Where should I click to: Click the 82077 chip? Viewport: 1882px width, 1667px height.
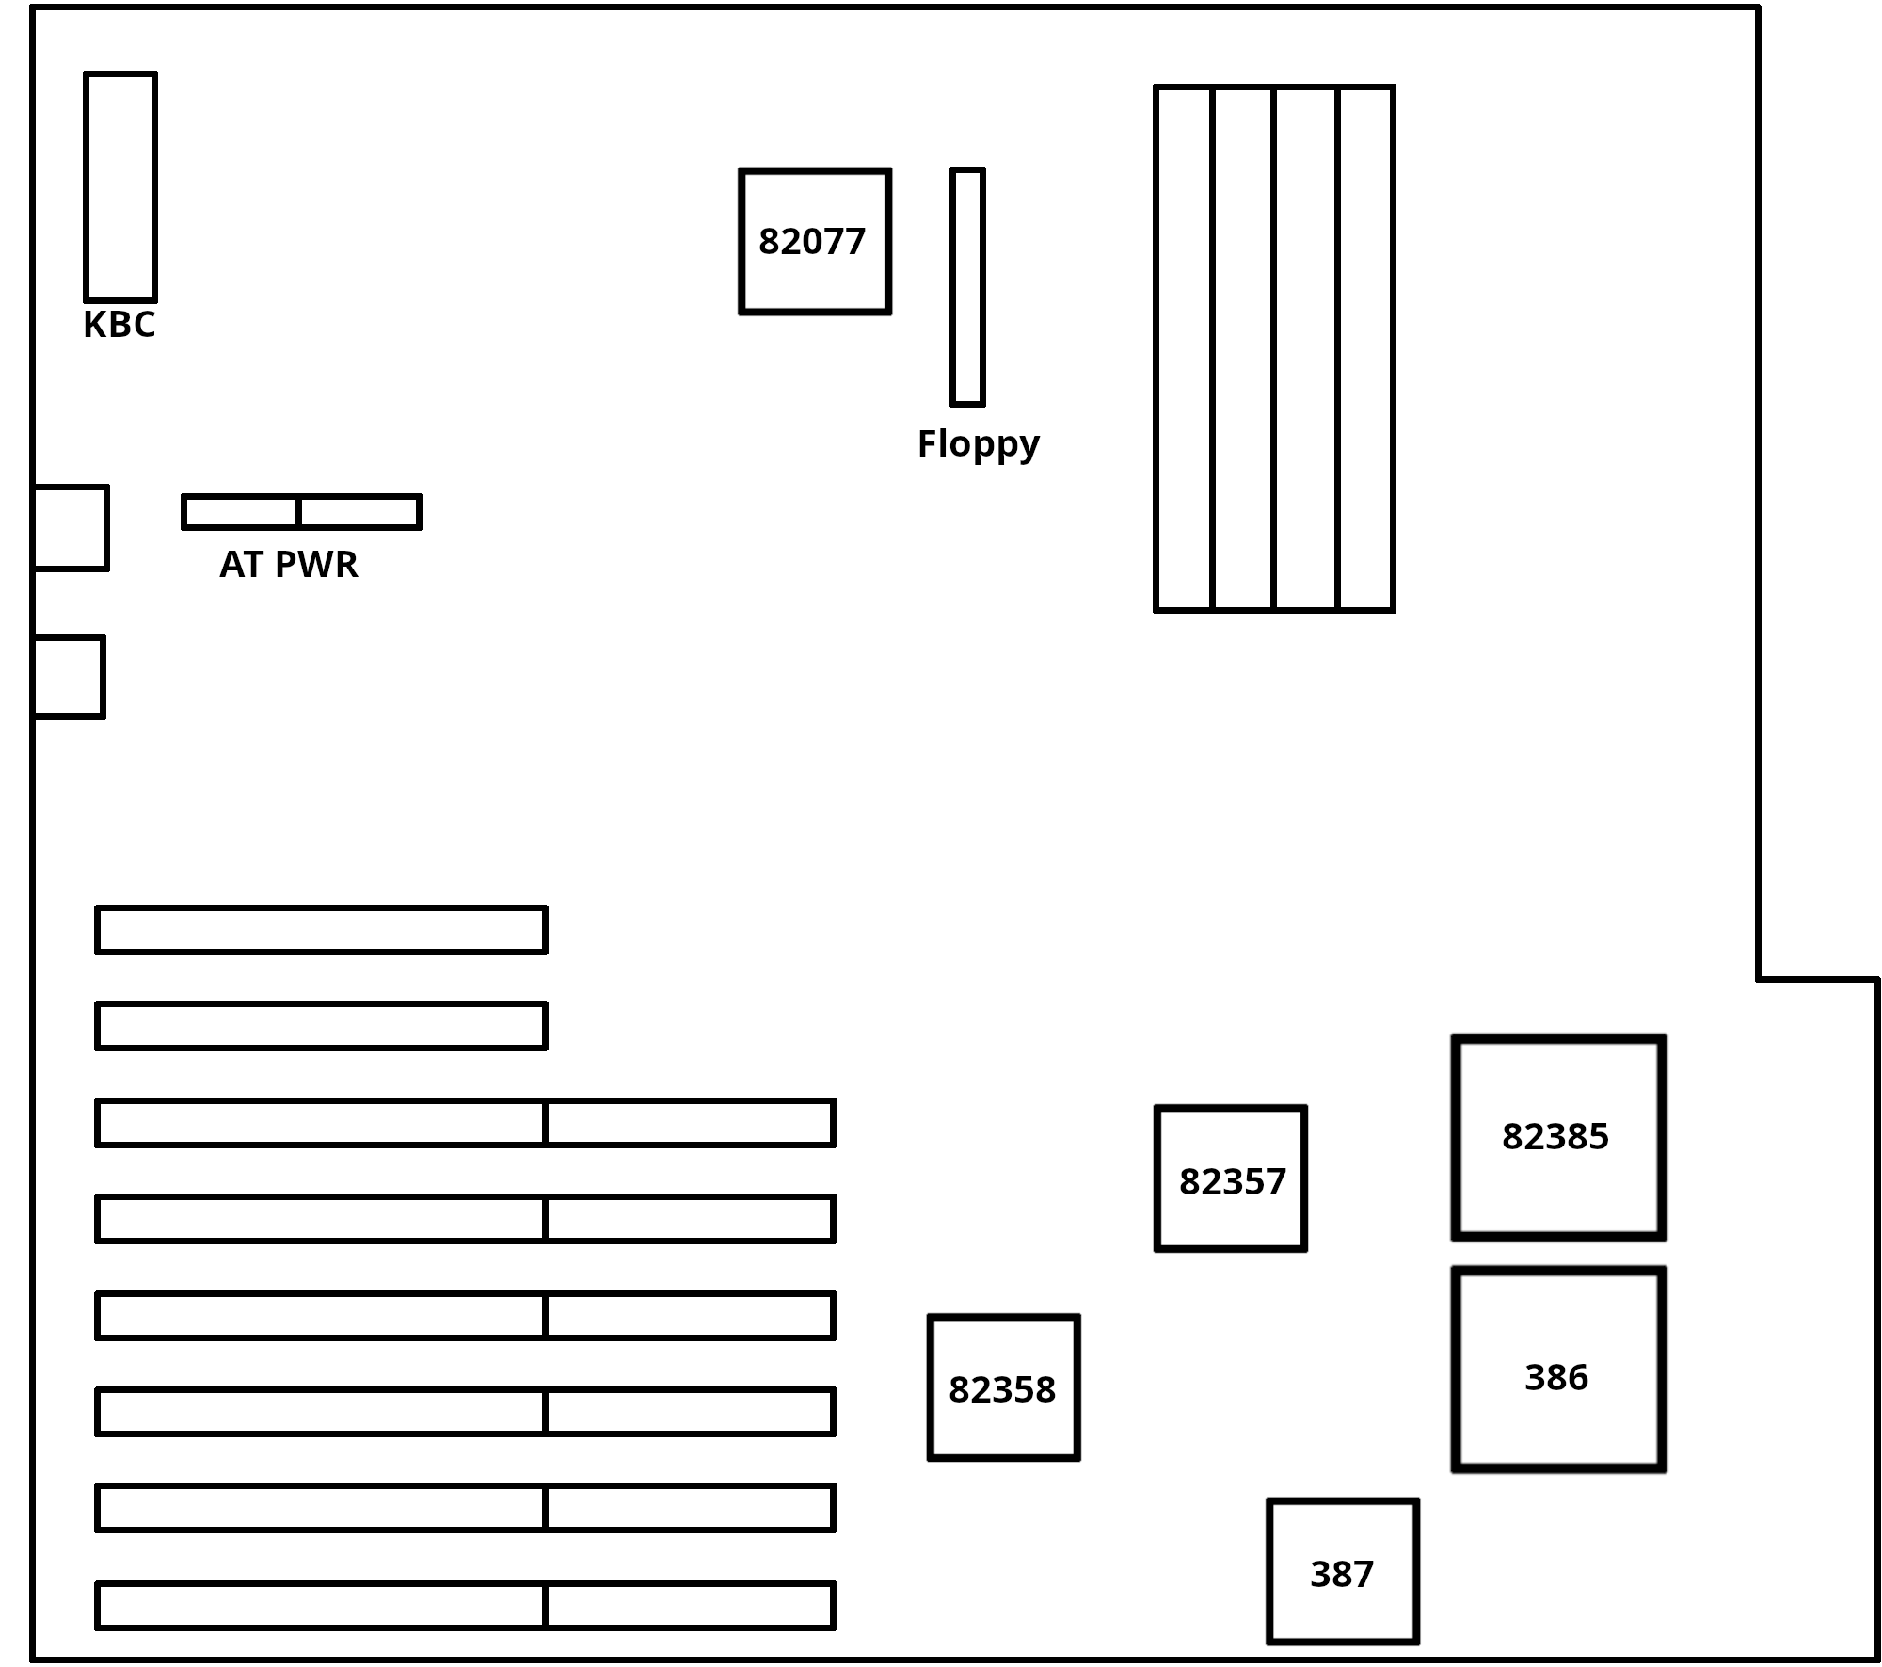(x=815, y=242)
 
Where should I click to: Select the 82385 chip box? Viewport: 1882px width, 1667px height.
(x=1558, y=1137)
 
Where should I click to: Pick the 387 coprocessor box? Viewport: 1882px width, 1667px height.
(x=1343, y=1571)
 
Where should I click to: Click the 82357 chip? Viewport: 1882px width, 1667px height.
(x=1231, y=1178)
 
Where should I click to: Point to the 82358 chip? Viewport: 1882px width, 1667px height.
(x=1003, y=1387)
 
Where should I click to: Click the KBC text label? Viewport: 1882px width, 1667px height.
(x=120, y=325)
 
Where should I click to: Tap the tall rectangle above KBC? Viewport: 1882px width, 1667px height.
(x=120, y=186)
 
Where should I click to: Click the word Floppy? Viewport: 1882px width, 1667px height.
(x=978, y=443)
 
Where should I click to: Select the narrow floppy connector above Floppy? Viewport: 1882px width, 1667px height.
(x=967, y=287)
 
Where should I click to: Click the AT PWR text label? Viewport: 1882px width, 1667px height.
(x=289, y=565)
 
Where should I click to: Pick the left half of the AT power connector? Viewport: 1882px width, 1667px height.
(x=241, y=512)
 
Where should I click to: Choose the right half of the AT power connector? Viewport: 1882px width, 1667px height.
(x=359, y=512)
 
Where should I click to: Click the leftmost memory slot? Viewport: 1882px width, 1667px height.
(x=1184, y=348)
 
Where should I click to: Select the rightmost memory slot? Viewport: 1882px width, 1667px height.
(x=1365, y=348)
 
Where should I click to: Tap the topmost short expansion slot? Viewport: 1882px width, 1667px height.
(x=321, y=930)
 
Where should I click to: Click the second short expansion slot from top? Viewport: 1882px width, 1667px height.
(x=321, y=1025)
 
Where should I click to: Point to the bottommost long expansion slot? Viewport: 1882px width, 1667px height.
(x=465, y=1606)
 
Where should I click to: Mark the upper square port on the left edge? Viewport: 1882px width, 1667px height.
(x=71, y=528)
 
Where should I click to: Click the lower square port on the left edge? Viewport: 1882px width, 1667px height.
(x=69, y=678)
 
